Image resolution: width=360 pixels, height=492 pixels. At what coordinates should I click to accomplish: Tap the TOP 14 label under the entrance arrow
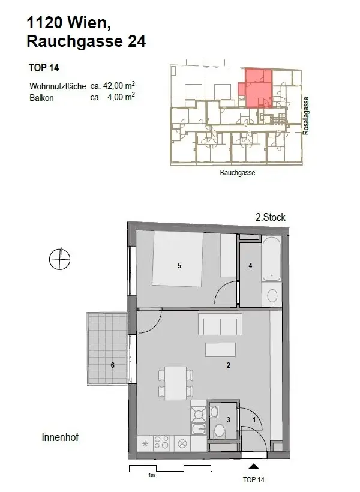pyautogui.click(x=253, y=480)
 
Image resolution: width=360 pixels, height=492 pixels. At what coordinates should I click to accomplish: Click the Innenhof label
pyautogui.click(x=61, y=437)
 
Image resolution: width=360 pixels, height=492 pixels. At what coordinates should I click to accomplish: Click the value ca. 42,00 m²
pyautogui.click(x=112, y=86)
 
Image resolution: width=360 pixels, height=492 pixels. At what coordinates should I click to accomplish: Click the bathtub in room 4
pyautogui.click(x=271, y=260)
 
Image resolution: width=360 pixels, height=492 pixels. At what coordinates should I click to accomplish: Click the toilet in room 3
pyautogui.click(x=220, y=430)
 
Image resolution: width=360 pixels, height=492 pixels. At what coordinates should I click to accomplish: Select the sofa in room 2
pyautogui.click(x=220, y=326)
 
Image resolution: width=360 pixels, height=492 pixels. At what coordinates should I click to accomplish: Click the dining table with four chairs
pyautogui.click(x=176, y=383)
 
